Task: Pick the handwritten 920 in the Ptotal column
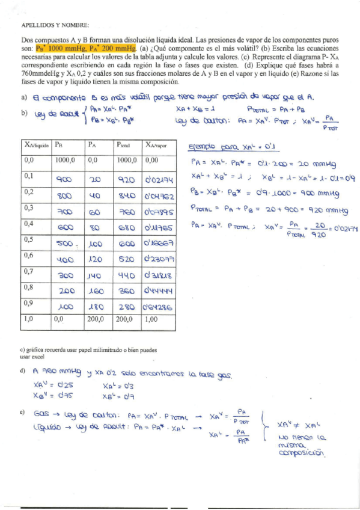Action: pyautogui.click(x=127, y=179)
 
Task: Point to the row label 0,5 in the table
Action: pyautogui.click(x=29, y=238)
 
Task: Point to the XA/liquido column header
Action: pyautogui.click(x=37, y=144)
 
